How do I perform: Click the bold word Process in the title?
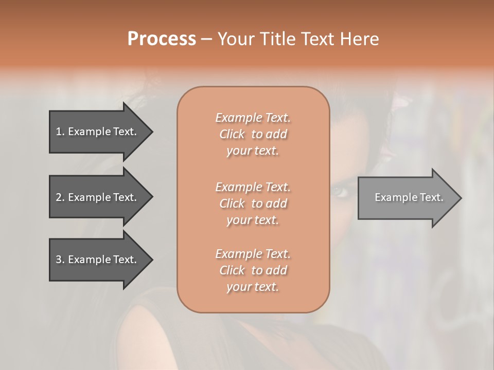tap(162, 39)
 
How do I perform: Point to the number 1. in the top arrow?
tap(60, 132)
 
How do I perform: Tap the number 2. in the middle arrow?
tap(60, 197)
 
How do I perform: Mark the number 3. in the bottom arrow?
tap(60, 260)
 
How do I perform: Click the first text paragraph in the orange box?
tap(253, 134)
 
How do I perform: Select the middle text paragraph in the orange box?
tap(253, 203)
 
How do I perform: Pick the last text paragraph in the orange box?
tap(253, 270)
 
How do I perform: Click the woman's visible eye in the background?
tap(340, 192)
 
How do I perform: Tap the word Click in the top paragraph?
tap(232, 134)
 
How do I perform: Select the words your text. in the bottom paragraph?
tap(253, 287)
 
